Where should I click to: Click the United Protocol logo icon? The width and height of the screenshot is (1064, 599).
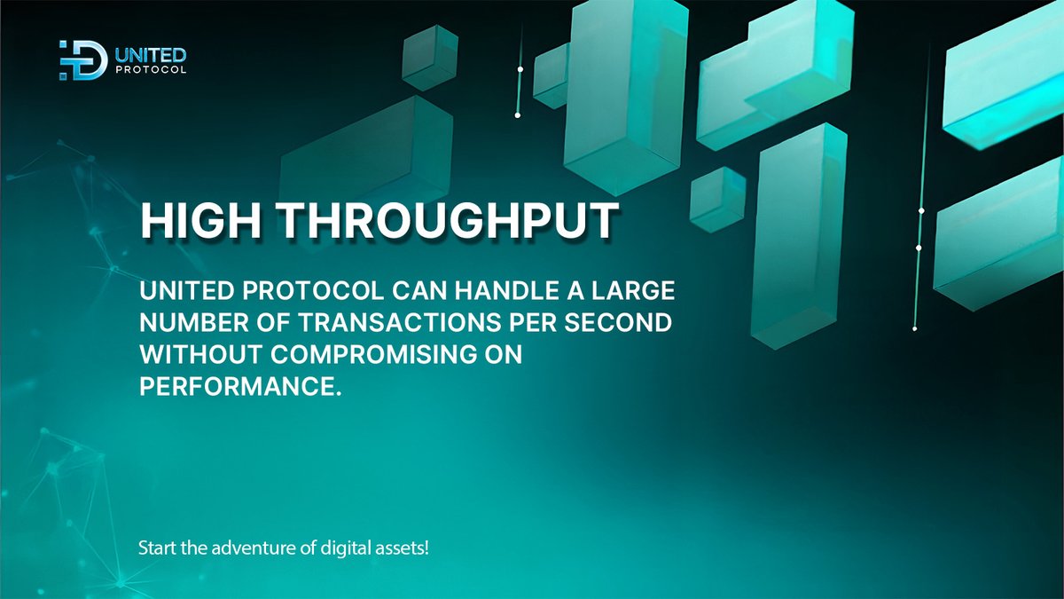pyautogui.click(x=82, y=60)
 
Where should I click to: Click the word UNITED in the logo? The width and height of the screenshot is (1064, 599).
pyautogui.click(x=151, y=55)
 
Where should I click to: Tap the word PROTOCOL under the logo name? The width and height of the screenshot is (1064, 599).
pyautogui.click(x=151, y=71)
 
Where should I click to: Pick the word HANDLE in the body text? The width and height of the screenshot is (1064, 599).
pyautogui.click(x=491, y=291)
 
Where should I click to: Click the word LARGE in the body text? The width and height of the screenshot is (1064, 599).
pyautogui.click(x=629, y=291)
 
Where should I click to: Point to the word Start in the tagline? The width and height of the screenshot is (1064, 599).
pyautogui.click(x=156, y=548)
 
